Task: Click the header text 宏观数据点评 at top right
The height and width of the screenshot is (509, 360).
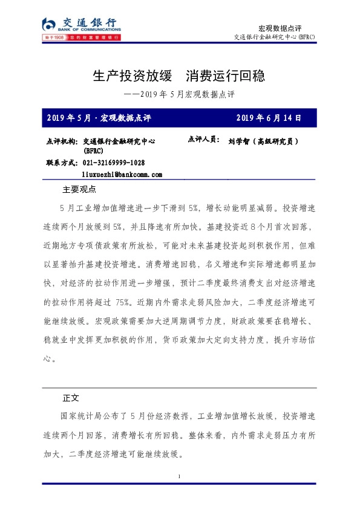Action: pos(280,28)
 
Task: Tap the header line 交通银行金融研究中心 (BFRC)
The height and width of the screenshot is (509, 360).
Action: pos(274,37)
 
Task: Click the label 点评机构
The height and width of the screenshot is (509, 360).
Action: pos(61,141)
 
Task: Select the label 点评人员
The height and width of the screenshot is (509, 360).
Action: pos(204,139)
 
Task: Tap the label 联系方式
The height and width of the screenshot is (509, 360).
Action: pos(61,163)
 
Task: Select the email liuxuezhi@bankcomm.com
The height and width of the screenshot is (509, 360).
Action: pos(122,174)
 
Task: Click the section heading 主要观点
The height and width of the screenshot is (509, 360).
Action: pos(79,189)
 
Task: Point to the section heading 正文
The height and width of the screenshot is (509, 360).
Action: pos(71,398)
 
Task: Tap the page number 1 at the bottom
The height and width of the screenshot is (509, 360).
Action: pos(180,478)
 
